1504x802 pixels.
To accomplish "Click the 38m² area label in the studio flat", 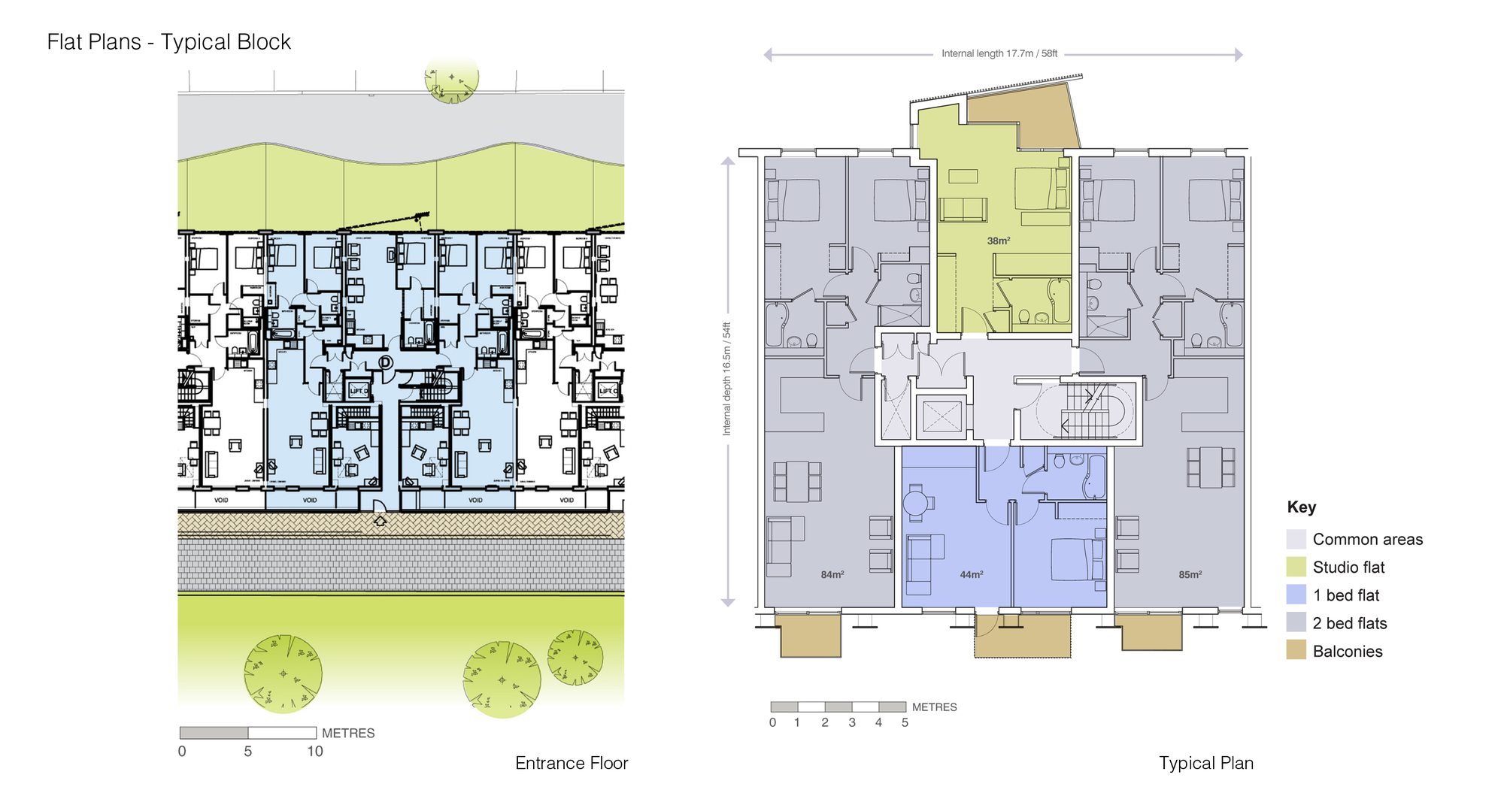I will [x=998, y=241].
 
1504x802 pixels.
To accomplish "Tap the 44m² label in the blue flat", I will [x=971, y=574].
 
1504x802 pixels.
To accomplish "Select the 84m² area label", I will [x=832, y=574].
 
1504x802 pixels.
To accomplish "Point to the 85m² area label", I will [x=1190, y=574].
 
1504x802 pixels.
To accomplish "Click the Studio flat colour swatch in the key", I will [x=1296, y=567].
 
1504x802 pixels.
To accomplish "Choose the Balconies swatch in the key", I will [x=1296, y=650].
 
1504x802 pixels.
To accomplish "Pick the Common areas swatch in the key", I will [x=1296, y=539].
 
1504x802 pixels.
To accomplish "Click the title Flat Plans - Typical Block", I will [x=168, y=42].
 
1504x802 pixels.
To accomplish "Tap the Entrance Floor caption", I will [x=571, y=763].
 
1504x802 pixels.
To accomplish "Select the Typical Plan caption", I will [x=1205, y=763].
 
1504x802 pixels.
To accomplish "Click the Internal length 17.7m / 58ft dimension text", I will [x=999, y=53].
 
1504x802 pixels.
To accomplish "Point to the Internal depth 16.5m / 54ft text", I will [x=726, y=379].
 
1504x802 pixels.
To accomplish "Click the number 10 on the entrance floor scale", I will [x=314, y=751].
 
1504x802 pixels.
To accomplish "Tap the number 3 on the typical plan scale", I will [x=851, y=722].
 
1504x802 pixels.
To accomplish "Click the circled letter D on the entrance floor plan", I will [x=386, y=362].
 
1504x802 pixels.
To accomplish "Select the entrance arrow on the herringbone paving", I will [x=380, y=520].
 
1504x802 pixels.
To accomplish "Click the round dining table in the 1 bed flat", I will [x=915, y=502].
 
